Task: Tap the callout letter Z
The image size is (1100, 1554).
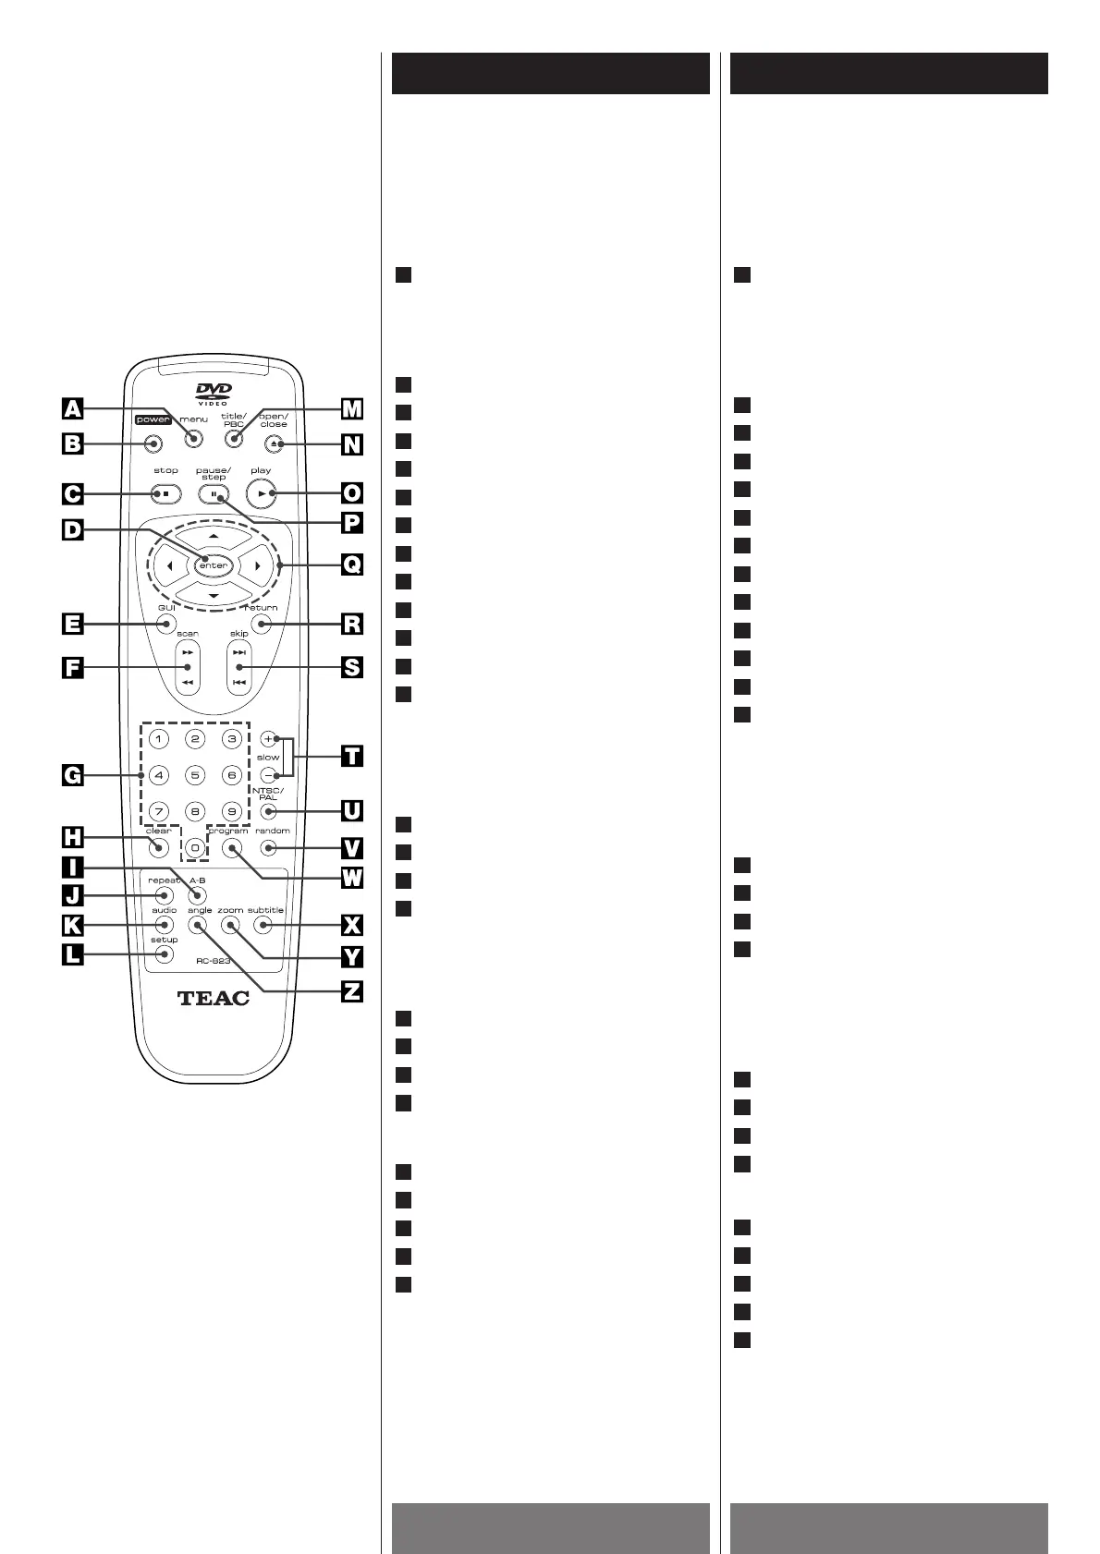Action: (351, 991)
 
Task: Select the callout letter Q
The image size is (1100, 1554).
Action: (351, 564)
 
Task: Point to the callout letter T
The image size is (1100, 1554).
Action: (351, 756)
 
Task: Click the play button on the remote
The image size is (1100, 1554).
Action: (263, 494)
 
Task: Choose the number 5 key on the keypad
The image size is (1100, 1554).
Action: (195, 776)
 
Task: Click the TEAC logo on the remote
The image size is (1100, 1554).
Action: (213, 998)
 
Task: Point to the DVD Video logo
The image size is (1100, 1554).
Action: (214, 394)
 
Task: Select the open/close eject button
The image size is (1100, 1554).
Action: (275, 444)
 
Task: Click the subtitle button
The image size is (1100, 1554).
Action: (263, 925)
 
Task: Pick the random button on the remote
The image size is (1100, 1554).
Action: (269, 847)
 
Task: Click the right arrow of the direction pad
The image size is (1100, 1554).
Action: (258, 565)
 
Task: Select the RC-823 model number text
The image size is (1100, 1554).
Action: (213, 961)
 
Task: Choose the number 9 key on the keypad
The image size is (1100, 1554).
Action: (232, 812)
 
